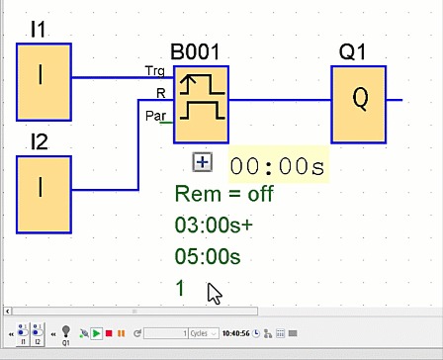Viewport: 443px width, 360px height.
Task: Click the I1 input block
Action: [44, 77]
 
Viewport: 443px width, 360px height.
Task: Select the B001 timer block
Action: [201, 104]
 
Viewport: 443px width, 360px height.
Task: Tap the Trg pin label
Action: [156, 72]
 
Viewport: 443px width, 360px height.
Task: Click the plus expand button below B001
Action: [202, 162]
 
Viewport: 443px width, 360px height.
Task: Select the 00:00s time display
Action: [278, 166]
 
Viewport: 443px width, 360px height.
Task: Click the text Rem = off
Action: [223, 194]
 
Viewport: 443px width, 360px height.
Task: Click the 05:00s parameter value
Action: [208, 257]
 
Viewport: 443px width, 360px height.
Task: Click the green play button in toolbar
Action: [97, 333]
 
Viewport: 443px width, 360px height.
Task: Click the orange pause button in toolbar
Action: [121, 333]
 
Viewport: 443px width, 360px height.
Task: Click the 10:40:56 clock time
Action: [236, 333]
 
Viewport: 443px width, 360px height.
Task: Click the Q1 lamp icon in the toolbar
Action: [66, 332]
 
